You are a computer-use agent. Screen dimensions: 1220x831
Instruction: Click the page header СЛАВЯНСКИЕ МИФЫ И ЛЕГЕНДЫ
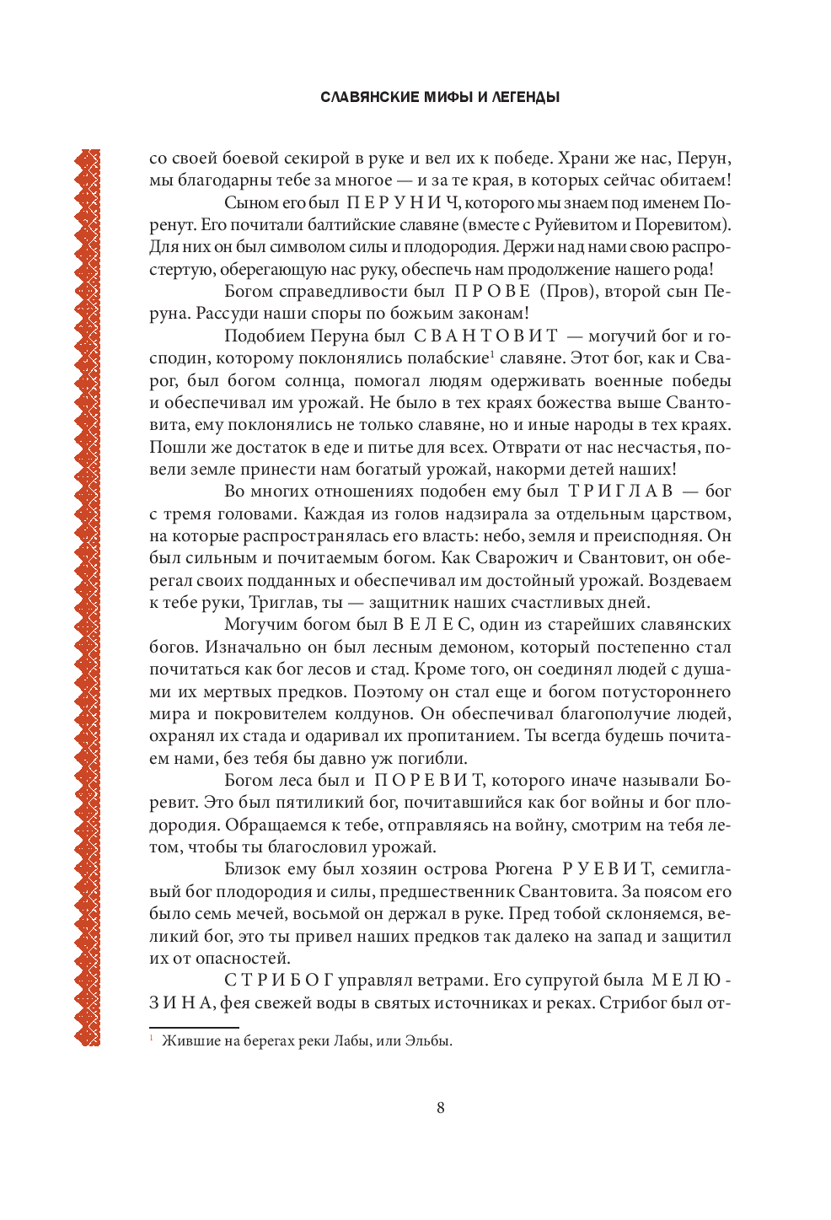point(440,97)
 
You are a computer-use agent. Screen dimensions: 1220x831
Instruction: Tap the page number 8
point(441,1108)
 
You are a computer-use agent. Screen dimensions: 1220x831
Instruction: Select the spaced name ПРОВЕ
point(493,292)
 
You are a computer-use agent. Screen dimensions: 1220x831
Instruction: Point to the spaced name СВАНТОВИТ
point(485,336)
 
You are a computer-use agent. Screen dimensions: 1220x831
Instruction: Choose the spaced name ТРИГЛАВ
point(620,492)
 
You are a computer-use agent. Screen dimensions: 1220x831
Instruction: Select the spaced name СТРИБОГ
point(279,981)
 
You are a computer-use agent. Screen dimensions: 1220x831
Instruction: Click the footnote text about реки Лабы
point(307,1041)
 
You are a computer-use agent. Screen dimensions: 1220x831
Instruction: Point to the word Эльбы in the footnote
point(428,1041)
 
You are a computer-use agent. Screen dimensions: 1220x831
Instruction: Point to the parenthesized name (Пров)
point(570,292)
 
